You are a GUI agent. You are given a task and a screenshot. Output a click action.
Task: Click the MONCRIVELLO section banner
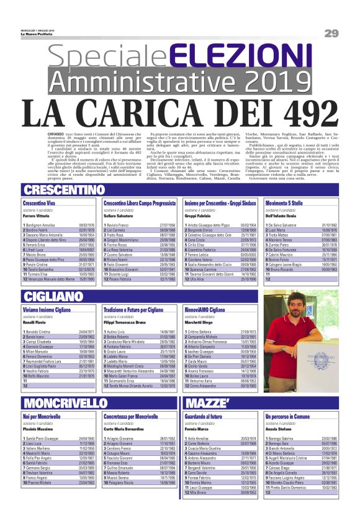pos(58,402)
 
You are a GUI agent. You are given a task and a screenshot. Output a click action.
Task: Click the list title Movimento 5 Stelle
pos(286,203)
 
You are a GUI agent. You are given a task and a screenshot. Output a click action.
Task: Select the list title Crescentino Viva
pos(39,203)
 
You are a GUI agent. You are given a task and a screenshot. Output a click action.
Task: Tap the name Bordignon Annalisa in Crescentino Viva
pos(45,225)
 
